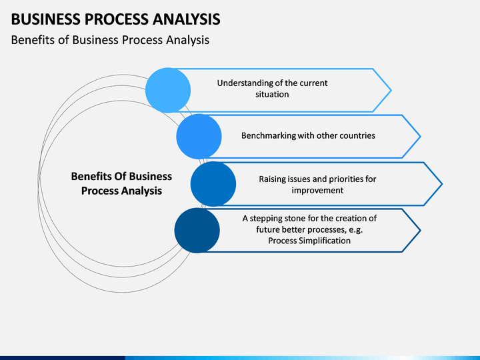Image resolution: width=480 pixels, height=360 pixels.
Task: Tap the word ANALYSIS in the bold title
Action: [x=187, y=19]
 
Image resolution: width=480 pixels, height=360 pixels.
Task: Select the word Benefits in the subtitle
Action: [x=33, y=40]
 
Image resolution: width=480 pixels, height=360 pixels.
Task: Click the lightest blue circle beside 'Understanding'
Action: [x=168, y=90]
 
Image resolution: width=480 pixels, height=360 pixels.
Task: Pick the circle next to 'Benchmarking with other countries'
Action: [x=199, y=137]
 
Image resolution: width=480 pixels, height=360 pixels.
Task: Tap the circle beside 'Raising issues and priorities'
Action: [x=213, y=184]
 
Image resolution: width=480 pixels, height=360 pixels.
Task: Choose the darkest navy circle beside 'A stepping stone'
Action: [x=197, y=231]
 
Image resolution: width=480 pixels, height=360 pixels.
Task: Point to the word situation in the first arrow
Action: [x=272, y=94]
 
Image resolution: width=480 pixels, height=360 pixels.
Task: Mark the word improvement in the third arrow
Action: [x=317, y=191]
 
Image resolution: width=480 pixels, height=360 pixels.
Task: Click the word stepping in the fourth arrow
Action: [x=266, y=219]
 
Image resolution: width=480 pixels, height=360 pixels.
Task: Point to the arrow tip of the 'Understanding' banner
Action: [x=391, y=90]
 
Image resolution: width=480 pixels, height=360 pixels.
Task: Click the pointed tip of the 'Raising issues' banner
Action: [x=442, y=184]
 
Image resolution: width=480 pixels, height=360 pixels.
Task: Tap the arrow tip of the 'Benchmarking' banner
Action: [x=420, y=137]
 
